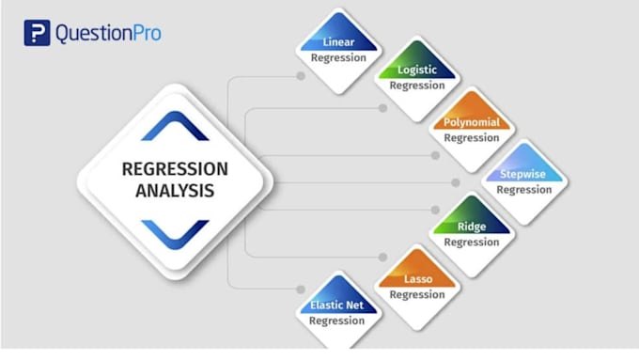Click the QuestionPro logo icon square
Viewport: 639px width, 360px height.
[36, 33]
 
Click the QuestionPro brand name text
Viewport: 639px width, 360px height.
[107, 34]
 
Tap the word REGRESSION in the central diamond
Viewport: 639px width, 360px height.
[175, 169]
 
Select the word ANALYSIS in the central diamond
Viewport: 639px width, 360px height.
[175, 190]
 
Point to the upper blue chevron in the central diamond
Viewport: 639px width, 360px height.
[175, 126]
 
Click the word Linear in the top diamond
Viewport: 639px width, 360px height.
[338, 43]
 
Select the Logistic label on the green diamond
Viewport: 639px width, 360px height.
[417, 70]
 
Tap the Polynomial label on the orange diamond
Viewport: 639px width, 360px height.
[472, 122]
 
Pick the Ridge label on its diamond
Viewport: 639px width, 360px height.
[472, 227]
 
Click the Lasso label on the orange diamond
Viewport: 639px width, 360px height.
[417, 279]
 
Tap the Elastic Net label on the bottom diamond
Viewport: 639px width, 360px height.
[338, 306]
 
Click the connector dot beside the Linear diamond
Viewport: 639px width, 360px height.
[301, 76]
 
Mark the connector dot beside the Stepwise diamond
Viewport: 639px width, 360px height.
[456, 182]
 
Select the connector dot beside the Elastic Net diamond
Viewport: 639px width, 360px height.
[301, 289]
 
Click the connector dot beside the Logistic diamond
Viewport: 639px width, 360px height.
[382, 108]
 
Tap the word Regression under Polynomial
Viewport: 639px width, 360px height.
[472, 138]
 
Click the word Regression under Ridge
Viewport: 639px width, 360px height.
[472, 243]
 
